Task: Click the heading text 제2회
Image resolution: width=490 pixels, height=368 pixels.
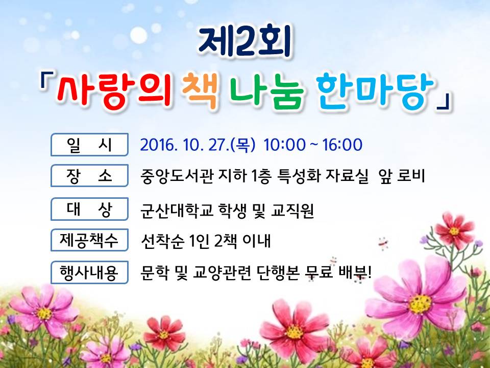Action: click(245, 42)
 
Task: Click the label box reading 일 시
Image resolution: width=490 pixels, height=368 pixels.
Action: click(89, 145)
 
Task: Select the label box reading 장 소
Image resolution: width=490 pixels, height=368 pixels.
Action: click(89, 175)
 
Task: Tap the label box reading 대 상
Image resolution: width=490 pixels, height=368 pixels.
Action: click(89, 209)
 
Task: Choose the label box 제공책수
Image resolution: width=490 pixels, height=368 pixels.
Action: click(89, 240)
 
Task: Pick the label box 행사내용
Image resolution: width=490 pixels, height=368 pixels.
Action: click(89, 272)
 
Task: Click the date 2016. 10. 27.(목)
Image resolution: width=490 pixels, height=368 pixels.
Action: click(198, 145)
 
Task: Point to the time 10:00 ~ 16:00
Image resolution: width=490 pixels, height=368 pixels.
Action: click(313, 145)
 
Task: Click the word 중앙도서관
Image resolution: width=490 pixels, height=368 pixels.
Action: click(177, 175)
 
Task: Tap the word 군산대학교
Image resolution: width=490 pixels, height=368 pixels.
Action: click(177, 210)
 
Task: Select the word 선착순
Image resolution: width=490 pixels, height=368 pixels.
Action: click(162, 241)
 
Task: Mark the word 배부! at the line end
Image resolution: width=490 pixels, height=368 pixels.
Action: click(355, 272)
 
